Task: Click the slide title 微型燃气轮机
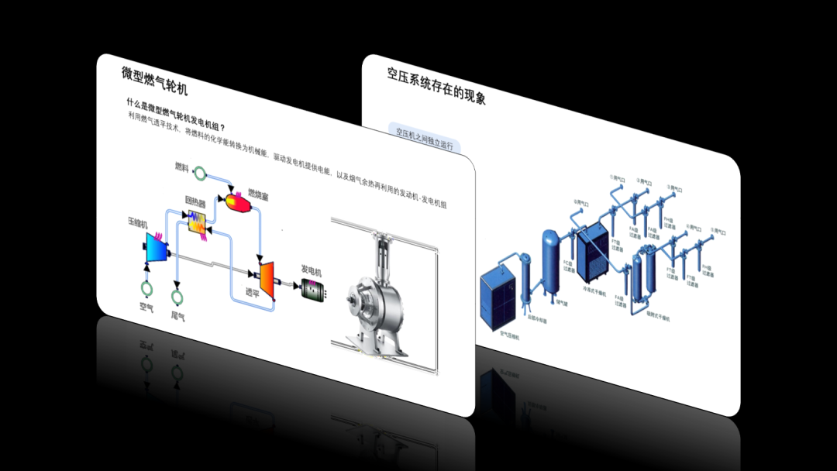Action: point(154,81)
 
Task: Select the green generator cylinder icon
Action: point(314,289)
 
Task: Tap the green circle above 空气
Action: point(146,289)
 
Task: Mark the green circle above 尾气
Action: point(177,296)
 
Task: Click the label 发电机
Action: point(311,270)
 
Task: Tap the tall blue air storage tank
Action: point(551,259)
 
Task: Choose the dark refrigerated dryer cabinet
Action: point(593,252)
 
